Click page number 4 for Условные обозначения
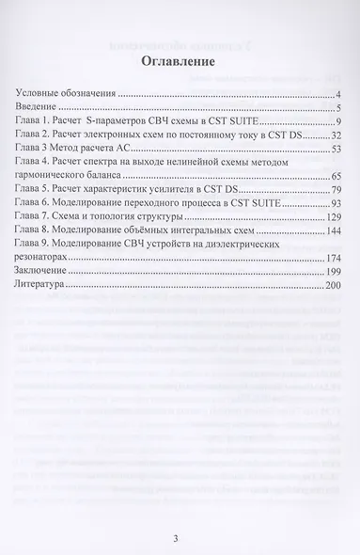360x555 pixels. (x=337, y=95)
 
